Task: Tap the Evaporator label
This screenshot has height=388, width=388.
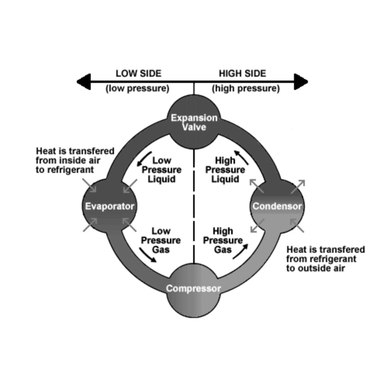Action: (109, 206)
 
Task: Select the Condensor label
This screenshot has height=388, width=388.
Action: (277, 206)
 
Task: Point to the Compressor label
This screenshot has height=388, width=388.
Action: (193, 288)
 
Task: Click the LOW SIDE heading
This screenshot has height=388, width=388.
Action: (138, 74)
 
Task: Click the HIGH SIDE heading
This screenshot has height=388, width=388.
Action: (242, 74)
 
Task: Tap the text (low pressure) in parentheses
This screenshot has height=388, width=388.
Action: (137, 89)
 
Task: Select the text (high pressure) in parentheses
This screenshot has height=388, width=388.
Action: (246, 89)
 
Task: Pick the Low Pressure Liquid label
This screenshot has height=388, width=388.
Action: (162, 170)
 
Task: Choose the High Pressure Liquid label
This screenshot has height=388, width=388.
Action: (225, 170)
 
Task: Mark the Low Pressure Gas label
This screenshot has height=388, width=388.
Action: (161, 241)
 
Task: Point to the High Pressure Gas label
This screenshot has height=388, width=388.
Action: (223, 241)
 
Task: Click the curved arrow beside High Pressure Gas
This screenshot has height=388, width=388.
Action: (241, 251)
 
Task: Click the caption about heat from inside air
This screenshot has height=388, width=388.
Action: (75, 160)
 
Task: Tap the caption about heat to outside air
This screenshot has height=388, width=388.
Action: (325, 259)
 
